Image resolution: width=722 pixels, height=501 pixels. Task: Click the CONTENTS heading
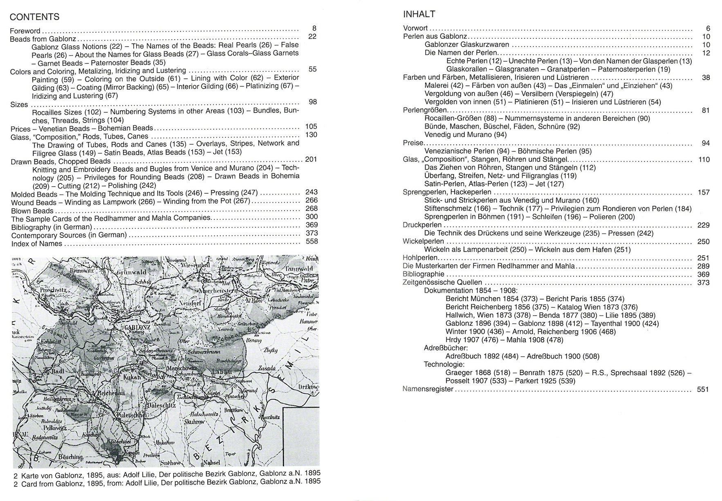pyautogui.click(x=34, y=17)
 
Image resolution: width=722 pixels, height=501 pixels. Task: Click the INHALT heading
pyautogui.click(x=419, y=14)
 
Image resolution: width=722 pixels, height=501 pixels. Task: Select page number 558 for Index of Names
pyautogui.click(x=311, y=242)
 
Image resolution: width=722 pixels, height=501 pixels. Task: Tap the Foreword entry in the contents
pyautogui.click(x=25, y=31)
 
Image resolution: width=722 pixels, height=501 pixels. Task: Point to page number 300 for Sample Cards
pyautogui.click(x=311, y=217)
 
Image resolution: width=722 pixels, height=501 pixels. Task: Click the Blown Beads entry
pyautogui.click(x=32, y=211)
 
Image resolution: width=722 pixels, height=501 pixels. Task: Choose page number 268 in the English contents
pyautogui.click(x=311, y=208)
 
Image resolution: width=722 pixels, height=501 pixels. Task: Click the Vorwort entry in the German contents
pyautogui.click(x=415, y=28)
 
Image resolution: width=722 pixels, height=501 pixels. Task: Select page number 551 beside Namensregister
pyautogui.click(x=702, y=389)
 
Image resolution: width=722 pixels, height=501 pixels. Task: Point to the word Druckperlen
pyautogui.click(x=422, y=225)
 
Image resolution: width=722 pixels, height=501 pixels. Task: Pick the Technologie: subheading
pyautogui.click(x=444, y=365)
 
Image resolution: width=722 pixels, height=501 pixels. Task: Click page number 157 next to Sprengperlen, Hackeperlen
pyautogui.click(x=703, y=192)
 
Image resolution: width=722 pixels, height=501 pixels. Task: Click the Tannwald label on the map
pyautogui.click(x=299, y=268)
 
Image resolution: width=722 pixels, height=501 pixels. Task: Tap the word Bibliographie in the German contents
pyautogui.click(x=423, y=274)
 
